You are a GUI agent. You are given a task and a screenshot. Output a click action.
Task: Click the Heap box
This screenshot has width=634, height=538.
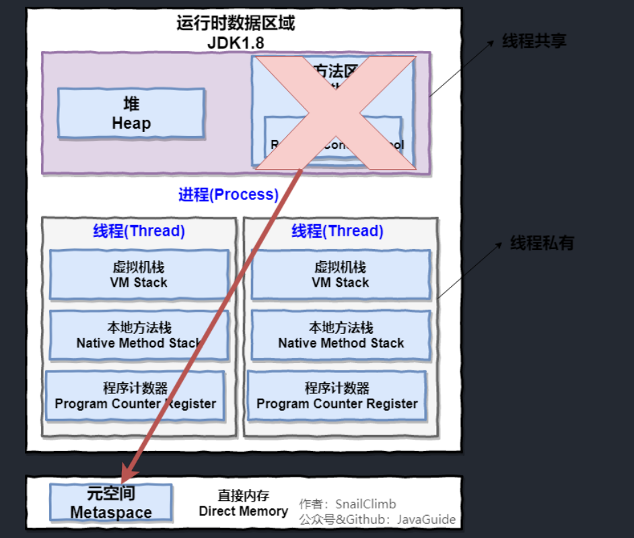point(131,113)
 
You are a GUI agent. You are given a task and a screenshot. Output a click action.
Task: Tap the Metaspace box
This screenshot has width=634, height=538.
point(111,502)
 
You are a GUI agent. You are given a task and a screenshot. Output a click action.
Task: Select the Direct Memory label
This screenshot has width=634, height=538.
point(243,504)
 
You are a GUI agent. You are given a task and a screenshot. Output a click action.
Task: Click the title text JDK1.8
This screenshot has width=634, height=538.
point(235,41)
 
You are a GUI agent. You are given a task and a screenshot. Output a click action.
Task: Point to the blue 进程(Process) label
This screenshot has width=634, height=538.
point(228,195)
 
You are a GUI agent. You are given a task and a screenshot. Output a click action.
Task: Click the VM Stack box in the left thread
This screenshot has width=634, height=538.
point(139,275)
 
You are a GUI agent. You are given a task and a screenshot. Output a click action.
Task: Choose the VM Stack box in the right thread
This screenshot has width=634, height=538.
point(341,275)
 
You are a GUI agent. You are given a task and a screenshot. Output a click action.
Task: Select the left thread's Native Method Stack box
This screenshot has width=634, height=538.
point(139,335)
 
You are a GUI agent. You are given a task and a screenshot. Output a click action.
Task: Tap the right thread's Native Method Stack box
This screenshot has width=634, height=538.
point(341,335)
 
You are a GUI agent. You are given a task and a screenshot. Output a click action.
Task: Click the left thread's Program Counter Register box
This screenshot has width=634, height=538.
point(135,396)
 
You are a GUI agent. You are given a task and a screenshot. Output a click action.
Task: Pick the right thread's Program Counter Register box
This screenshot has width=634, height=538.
point(337,396)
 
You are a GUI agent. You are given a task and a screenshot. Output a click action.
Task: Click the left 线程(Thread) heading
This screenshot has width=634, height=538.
point(139,231)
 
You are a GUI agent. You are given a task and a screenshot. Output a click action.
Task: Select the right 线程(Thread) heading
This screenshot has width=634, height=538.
point(337,231)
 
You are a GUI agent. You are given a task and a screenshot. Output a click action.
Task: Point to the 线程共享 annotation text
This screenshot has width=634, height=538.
point(534,41)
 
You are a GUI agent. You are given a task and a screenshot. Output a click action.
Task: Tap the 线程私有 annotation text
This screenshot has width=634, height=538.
point(542,243)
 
